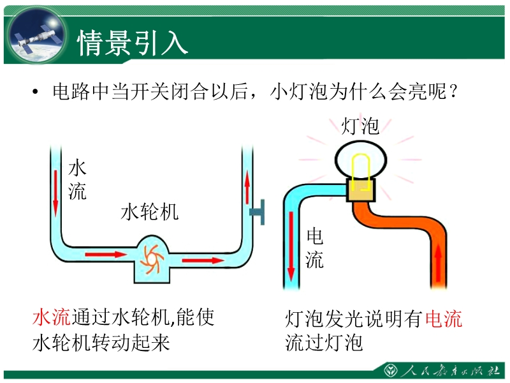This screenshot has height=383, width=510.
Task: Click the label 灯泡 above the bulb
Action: pos(360,126)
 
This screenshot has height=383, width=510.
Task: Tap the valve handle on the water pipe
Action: pos(258,209)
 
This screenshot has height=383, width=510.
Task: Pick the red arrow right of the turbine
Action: pos(203,260)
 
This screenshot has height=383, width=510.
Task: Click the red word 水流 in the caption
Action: pos(52,318)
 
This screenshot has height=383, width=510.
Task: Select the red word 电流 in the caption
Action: pos(443,318)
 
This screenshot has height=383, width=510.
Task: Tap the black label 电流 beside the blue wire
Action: pos(315,248)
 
